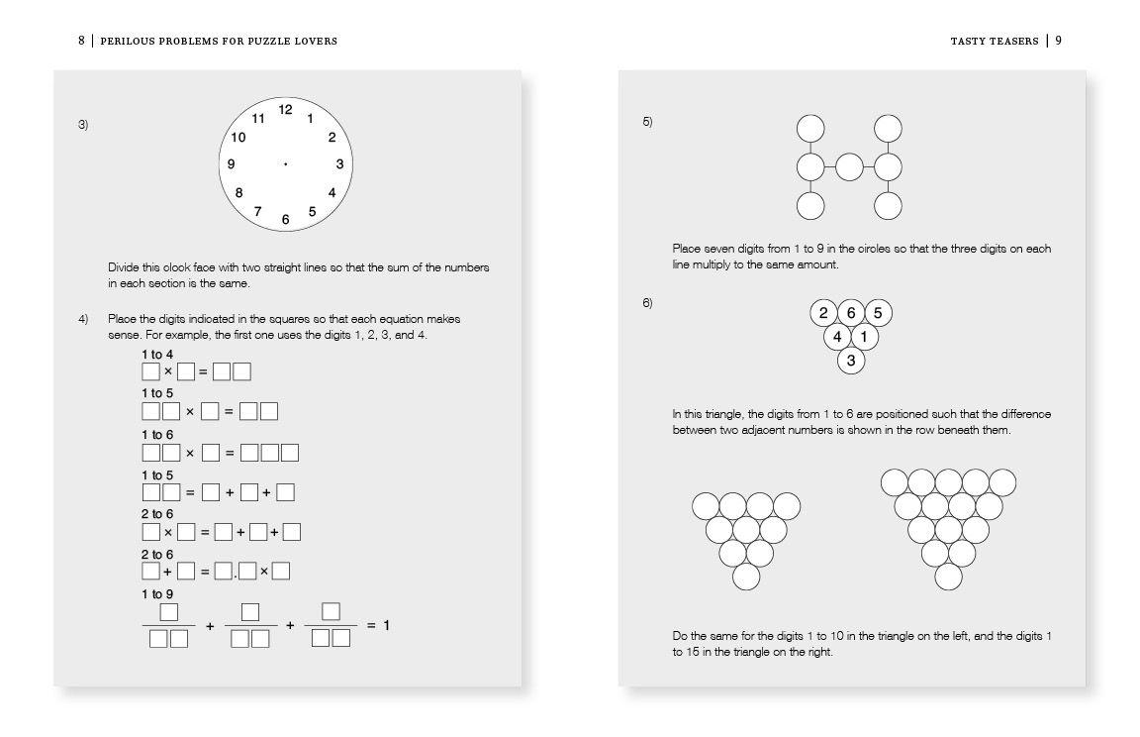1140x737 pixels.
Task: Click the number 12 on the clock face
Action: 285,110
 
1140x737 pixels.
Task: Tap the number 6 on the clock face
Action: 285,220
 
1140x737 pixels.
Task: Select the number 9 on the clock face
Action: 231,164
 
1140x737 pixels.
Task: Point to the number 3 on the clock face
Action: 339,164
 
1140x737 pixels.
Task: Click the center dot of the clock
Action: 285,164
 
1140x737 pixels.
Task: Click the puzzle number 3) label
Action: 84,124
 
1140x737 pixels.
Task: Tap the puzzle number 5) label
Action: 647,122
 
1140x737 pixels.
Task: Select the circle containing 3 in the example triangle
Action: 851,361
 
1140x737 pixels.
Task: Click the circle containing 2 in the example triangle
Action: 823,314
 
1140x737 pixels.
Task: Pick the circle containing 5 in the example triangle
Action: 878,314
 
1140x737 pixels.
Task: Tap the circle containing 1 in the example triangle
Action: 864,338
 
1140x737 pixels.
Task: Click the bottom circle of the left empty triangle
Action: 746,577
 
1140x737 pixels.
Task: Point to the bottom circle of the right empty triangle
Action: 948,577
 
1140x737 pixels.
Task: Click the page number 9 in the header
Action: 1058,41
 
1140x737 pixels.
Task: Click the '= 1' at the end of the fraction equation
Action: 378,625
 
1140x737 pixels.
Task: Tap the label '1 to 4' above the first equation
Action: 156,354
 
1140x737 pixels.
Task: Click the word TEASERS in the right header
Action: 1013,41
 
